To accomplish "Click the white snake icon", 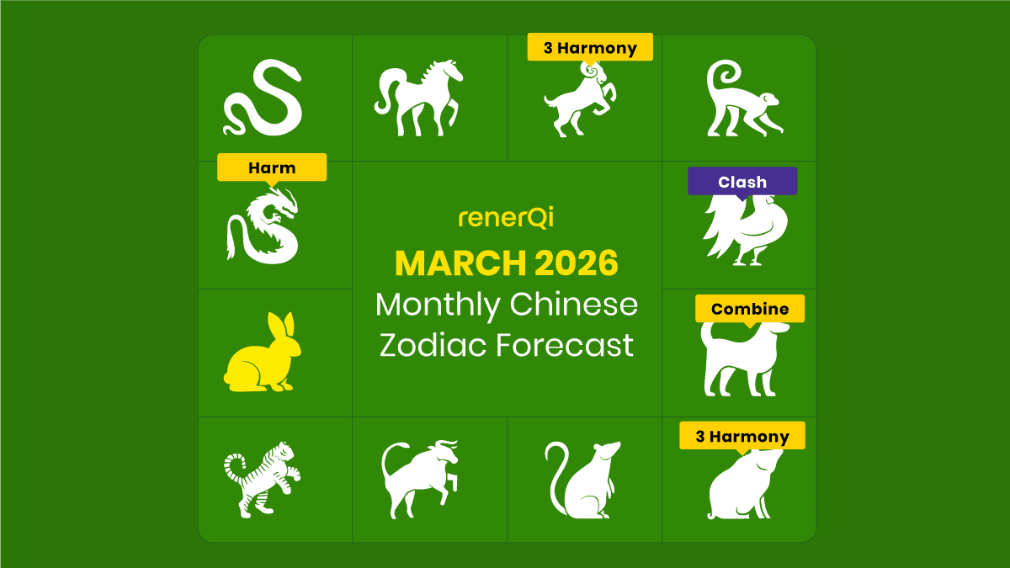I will click(x=262, y=98).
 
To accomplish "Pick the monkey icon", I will click(x=742, y=99).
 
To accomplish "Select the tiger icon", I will click(x=262, y=478).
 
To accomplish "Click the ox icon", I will click(x=419, y=479).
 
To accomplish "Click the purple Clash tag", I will click(x=742, y=181).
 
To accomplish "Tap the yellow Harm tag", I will click(x=272, y=167).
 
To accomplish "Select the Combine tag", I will click(x=750, y=309).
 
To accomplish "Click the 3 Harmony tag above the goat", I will click(x=590, y=48).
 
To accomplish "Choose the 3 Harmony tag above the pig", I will click(x=742, y=436).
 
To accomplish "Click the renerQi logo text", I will click(x=506, y=219).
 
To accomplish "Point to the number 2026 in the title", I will click(x=575, y=263).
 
